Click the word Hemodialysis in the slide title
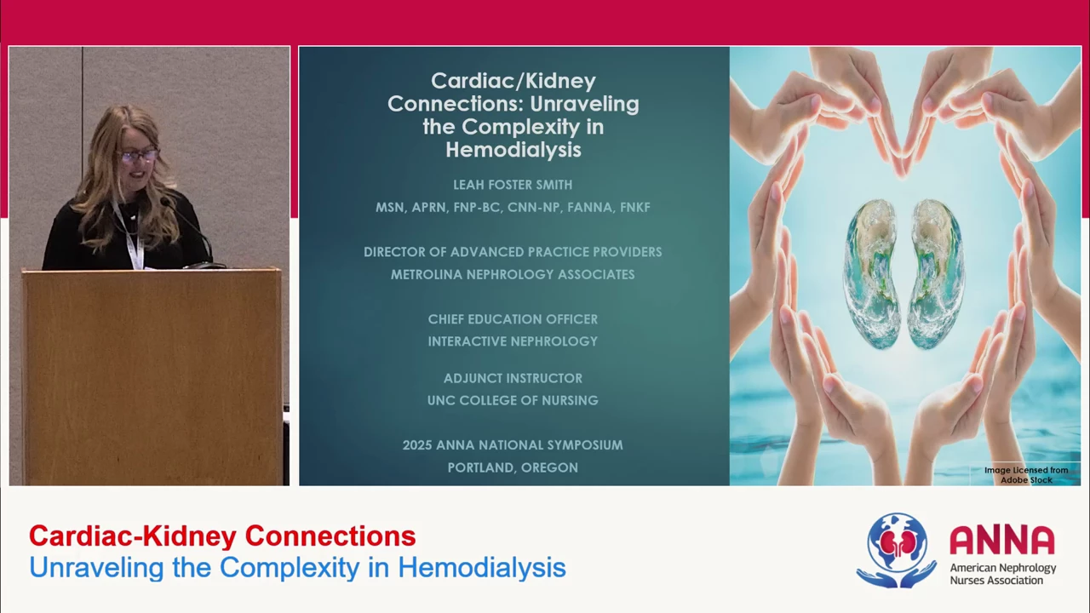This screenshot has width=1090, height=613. (x=513, y=150)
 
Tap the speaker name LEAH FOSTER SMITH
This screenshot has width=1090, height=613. (x=513, y=185)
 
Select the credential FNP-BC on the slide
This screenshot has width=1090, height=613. (x=477, y=207)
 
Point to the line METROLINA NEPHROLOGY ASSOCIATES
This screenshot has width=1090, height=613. (x=513, y=274)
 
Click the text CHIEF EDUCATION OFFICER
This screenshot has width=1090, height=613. (x=513, y=319)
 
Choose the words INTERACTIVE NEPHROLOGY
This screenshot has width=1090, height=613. (x=513, y=341)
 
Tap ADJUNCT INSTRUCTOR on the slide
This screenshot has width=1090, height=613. (x=513, y=378)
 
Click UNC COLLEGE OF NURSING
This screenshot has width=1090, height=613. (x=513, y=400)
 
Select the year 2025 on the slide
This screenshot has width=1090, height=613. (x=417, y=445)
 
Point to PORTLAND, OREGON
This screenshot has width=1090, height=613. (x=513, y=467)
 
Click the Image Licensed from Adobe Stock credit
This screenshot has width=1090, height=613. (x=1026, y=475)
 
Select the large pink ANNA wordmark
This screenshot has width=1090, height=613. (x=1002, y=540)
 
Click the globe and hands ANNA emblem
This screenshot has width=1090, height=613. (x=897, y=550)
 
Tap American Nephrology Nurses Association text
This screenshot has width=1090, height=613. (x=1003, y=574)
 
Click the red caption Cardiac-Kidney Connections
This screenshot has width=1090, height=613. (x=222, y=536)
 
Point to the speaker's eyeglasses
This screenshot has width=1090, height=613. (x=137, y=156)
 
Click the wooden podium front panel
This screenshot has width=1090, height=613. (x=151, y=377)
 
